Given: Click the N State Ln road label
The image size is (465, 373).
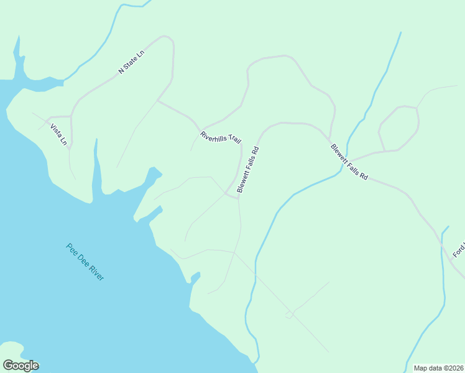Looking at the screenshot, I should tap(131, 62).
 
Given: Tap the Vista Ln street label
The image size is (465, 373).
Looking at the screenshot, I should tap(58, 134).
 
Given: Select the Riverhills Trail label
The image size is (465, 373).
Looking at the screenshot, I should tap(220, 137).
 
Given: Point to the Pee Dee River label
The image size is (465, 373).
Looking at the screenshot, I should tap(85, 262).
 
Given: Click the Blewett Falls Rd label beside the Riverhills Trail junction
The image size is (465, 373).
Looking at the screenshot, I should tap(247, 170).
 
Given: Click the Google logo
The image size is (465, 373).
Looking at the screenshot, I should tap(21, 366).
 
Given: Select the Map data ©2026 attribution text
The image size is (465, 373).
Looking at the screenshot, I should tap(438, 368).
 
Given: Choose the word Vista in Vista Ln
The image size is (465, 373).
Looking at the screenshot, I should tap(56, 130).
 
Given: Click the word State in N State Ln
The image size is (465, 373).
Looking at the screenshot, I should tap(131, 62).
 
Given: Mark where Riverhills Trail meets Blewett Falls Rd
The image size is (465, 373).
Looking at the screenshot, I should tap(238, 198).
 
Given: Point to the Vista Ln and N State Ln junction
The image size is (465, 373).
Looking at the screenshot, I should tap(70, 116).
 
